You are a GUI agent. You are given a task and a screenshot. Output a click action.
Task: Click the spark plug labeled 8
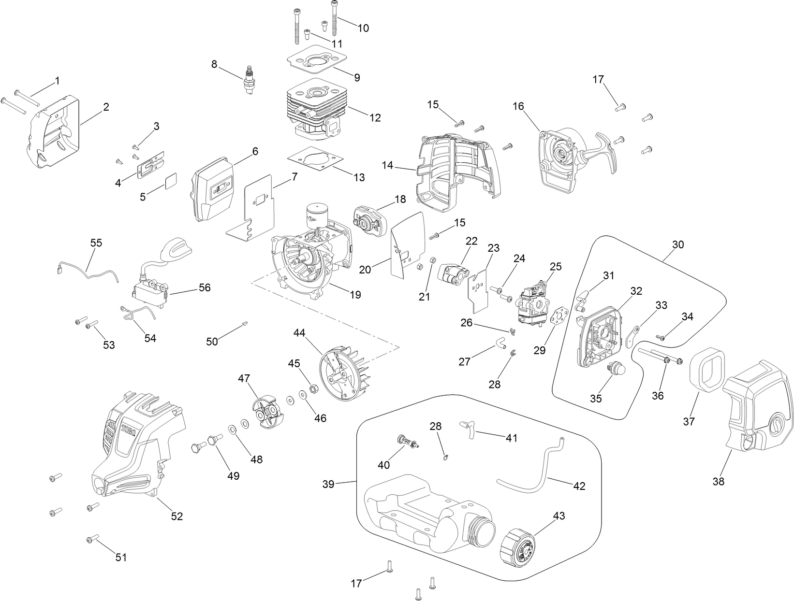pos(250,79)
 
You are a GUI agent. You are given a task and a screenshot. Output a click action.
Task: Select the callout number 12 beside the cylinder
pos(375,118)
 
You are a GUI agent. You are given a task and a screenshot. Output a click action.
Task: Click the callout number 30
pos(678,244)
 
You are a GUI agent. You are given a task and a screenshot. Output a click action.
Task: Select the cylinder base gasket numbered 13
pos(310,158)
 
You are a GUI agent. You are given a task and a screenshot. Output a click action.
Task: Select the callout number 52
pos(177,516)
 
